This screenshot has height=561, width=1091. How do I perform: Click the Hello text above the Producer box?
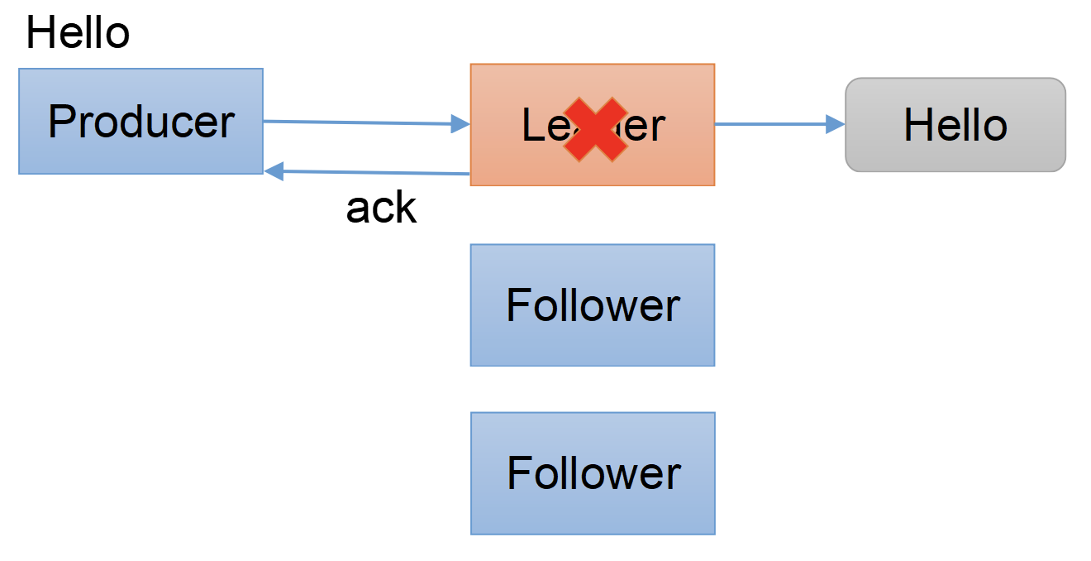[78, 34]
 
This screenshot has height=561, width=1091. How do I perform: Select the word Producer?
[141, 122]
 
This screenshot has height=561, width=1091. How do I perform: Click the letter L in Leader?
[532, 126]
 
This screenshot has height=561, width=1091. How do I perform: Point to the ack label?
[381, 208]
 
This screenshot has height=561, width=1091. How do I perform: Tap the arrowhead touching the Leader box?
[460, 125]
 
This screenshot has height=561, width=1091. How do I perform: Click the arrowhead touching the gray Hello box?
[836, 124]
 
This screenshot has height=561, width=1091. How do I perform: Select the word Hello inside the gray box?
[955, 125]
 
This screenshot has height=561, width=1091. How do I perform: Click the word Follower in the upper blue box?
[593, 305]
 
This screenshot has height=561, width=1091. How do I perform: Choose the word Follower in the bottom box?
[593, 473]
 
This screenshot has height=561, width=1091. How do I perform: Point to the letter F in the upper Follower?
[517, 305]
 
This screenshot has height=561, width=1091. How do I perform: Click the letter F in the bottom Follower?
[517, 473]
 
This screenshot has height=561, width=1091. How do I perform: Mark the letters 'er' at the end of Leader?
[646, 127]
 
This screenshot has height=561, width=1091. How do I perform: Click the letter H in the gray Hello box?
[917, 125]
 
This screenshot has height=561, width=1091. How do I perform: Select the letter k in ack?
[406, 208]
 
